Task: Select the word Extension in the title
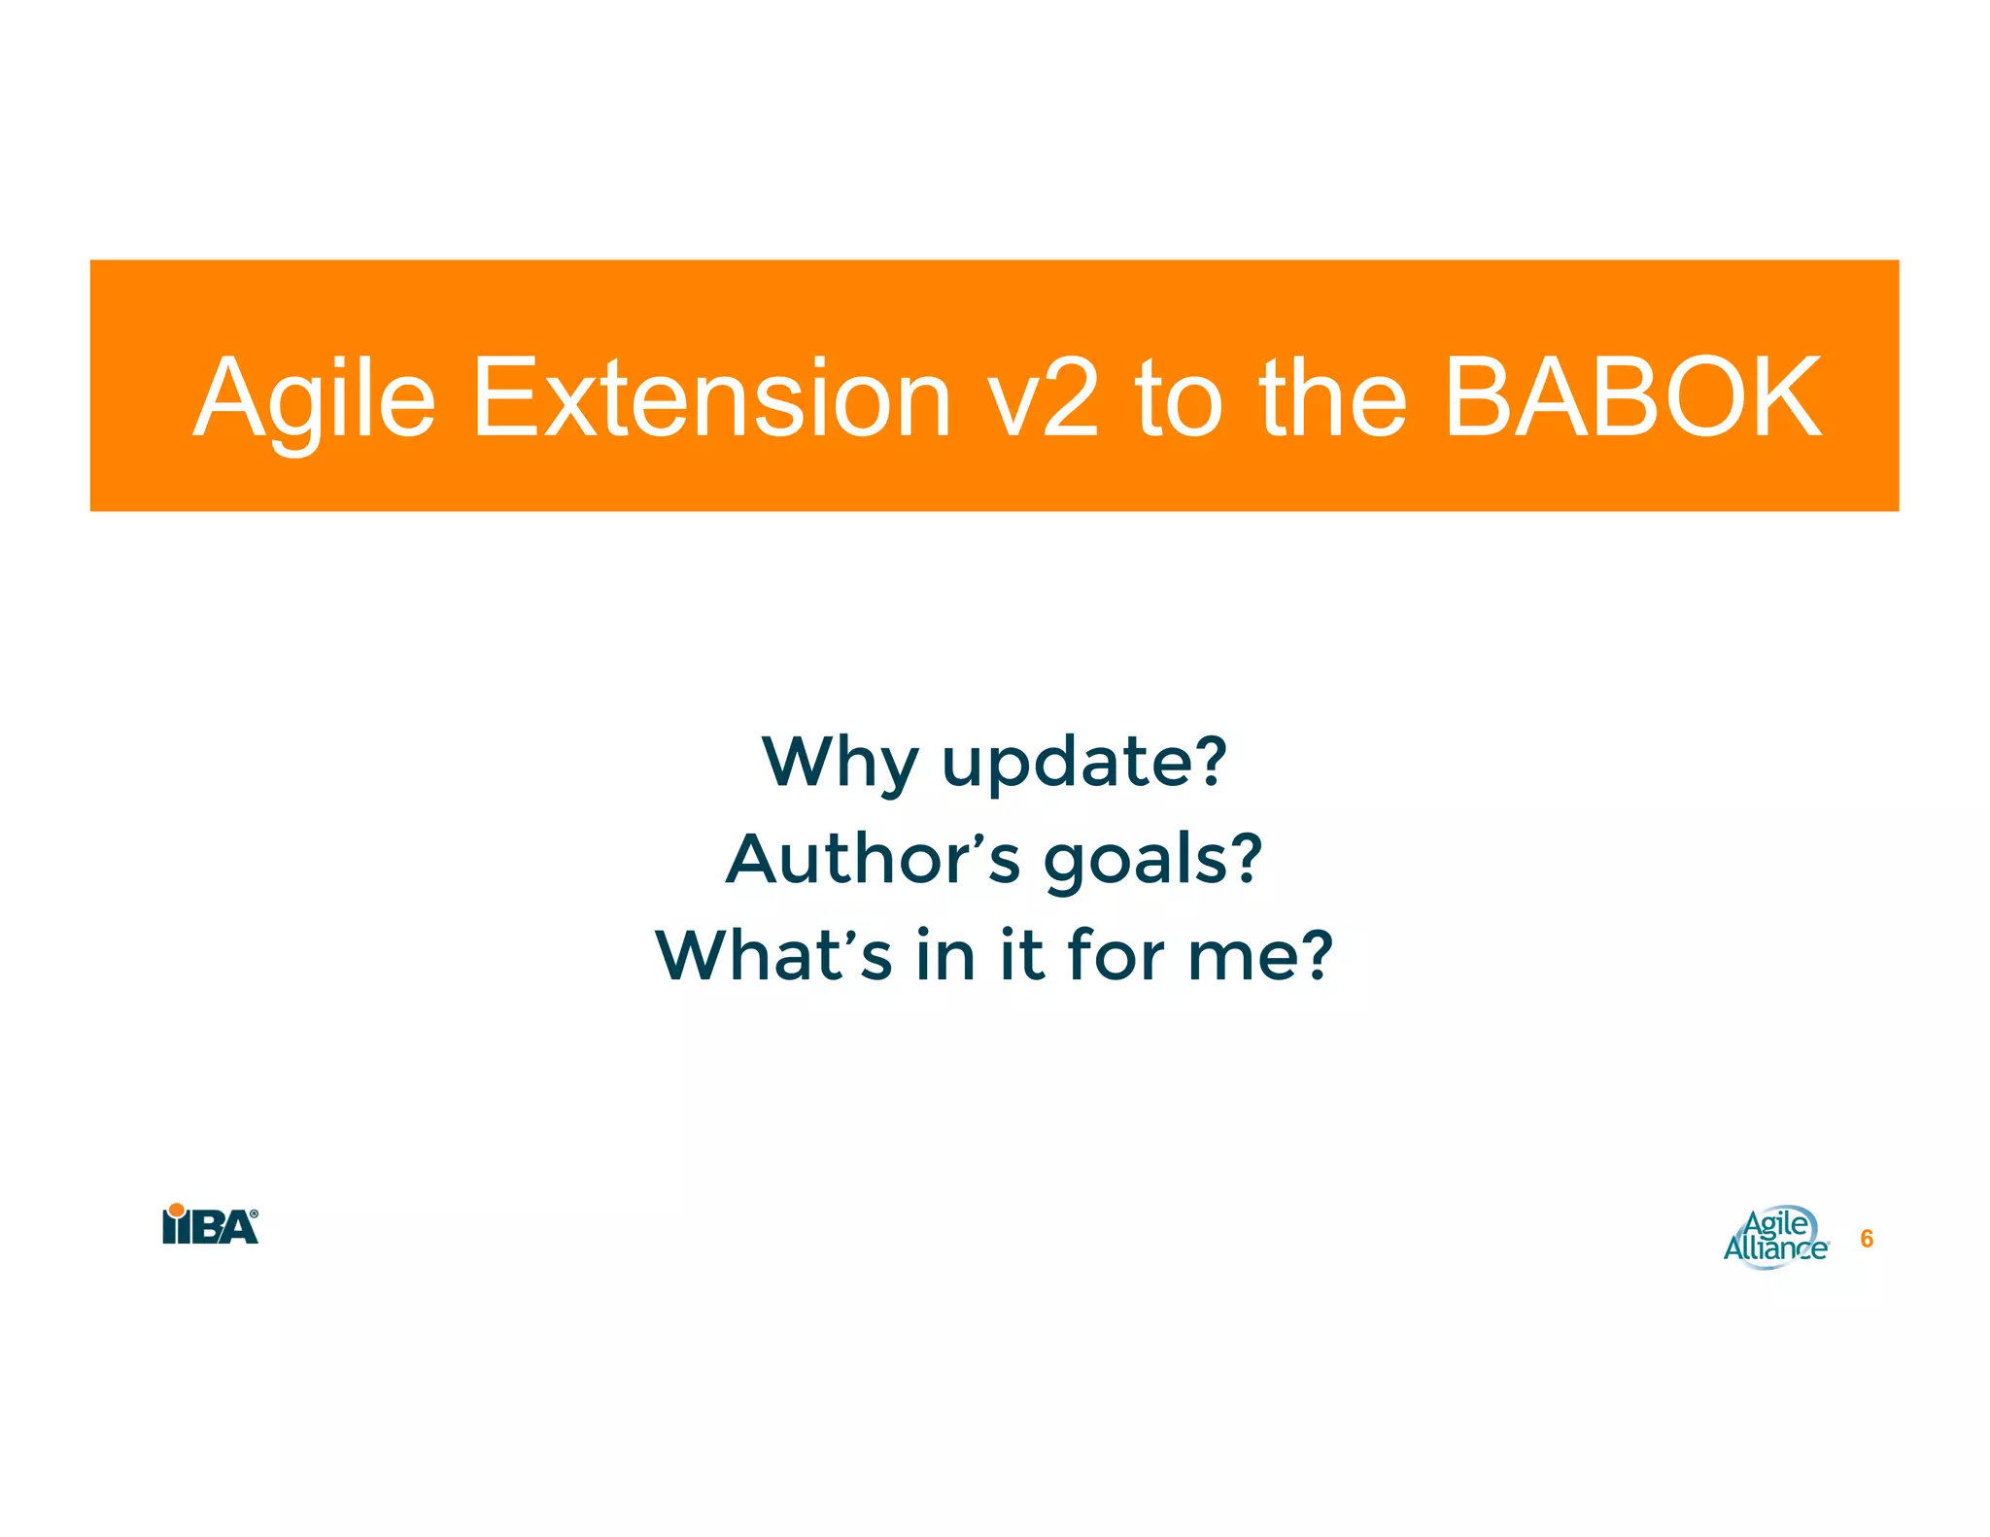(x=710, y=398)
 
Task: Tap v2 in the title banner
(x=1043, y=398)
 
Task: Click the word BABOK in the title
(x=1631, y=398)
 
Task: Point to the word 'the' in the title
(x=1332, y=398)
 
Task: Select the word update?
(x=1084, y=762)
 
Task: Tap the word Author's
(x=873, y=859)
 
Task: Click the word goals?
(x=1152, y=861)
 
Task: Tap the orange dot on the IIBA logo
(x=176, y=1210)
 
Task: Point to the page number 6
(x=1866, y=1239)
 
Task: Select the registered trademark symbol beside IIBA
(x=255, y=1213)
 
